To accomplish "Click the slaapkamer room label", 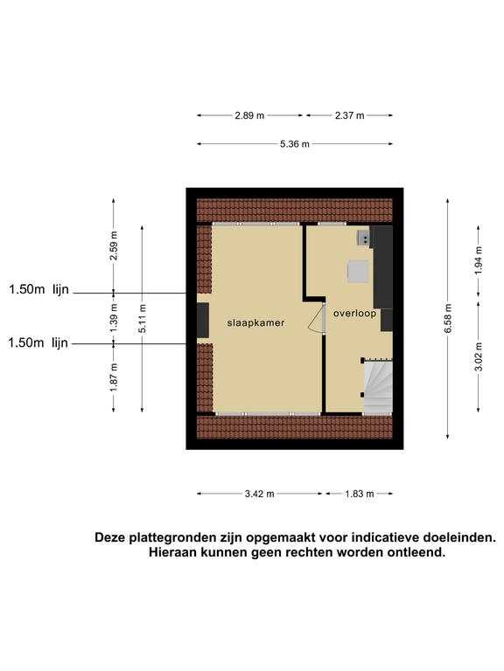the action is [x=255, y=322].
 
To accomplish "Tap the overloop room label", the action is [x=355, y=314].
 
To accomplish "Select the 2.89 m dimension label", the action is [x=249, y=115].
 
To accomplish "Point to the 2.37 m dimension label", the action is [x=350, y=115].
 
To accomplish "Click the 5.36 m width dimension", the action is [x=295, y=144].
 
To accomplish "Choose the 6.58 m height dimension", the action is [x=448, y=319].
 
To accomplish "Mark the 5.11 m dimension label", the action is [x=143, y=319].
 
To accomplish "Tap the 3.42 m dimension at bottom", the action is [x=259, y=494].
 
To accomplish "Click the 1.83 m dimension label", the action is [x=360, y=494].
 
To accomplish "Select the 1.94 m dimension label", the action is [x=479, y=261].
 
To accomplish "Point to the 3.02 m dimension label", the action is [x=479, y=356].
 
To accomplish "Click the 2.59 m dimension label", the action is [x=114, y=246].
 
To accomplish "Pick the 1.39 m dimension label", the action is [x=114, y=318].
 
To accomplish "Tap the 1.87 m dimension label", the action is [x=114, y=377].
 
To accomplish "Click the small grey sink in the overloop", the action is [x=364, y=238].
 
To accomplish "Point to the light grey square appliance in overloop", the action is [x=358, y=272].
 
